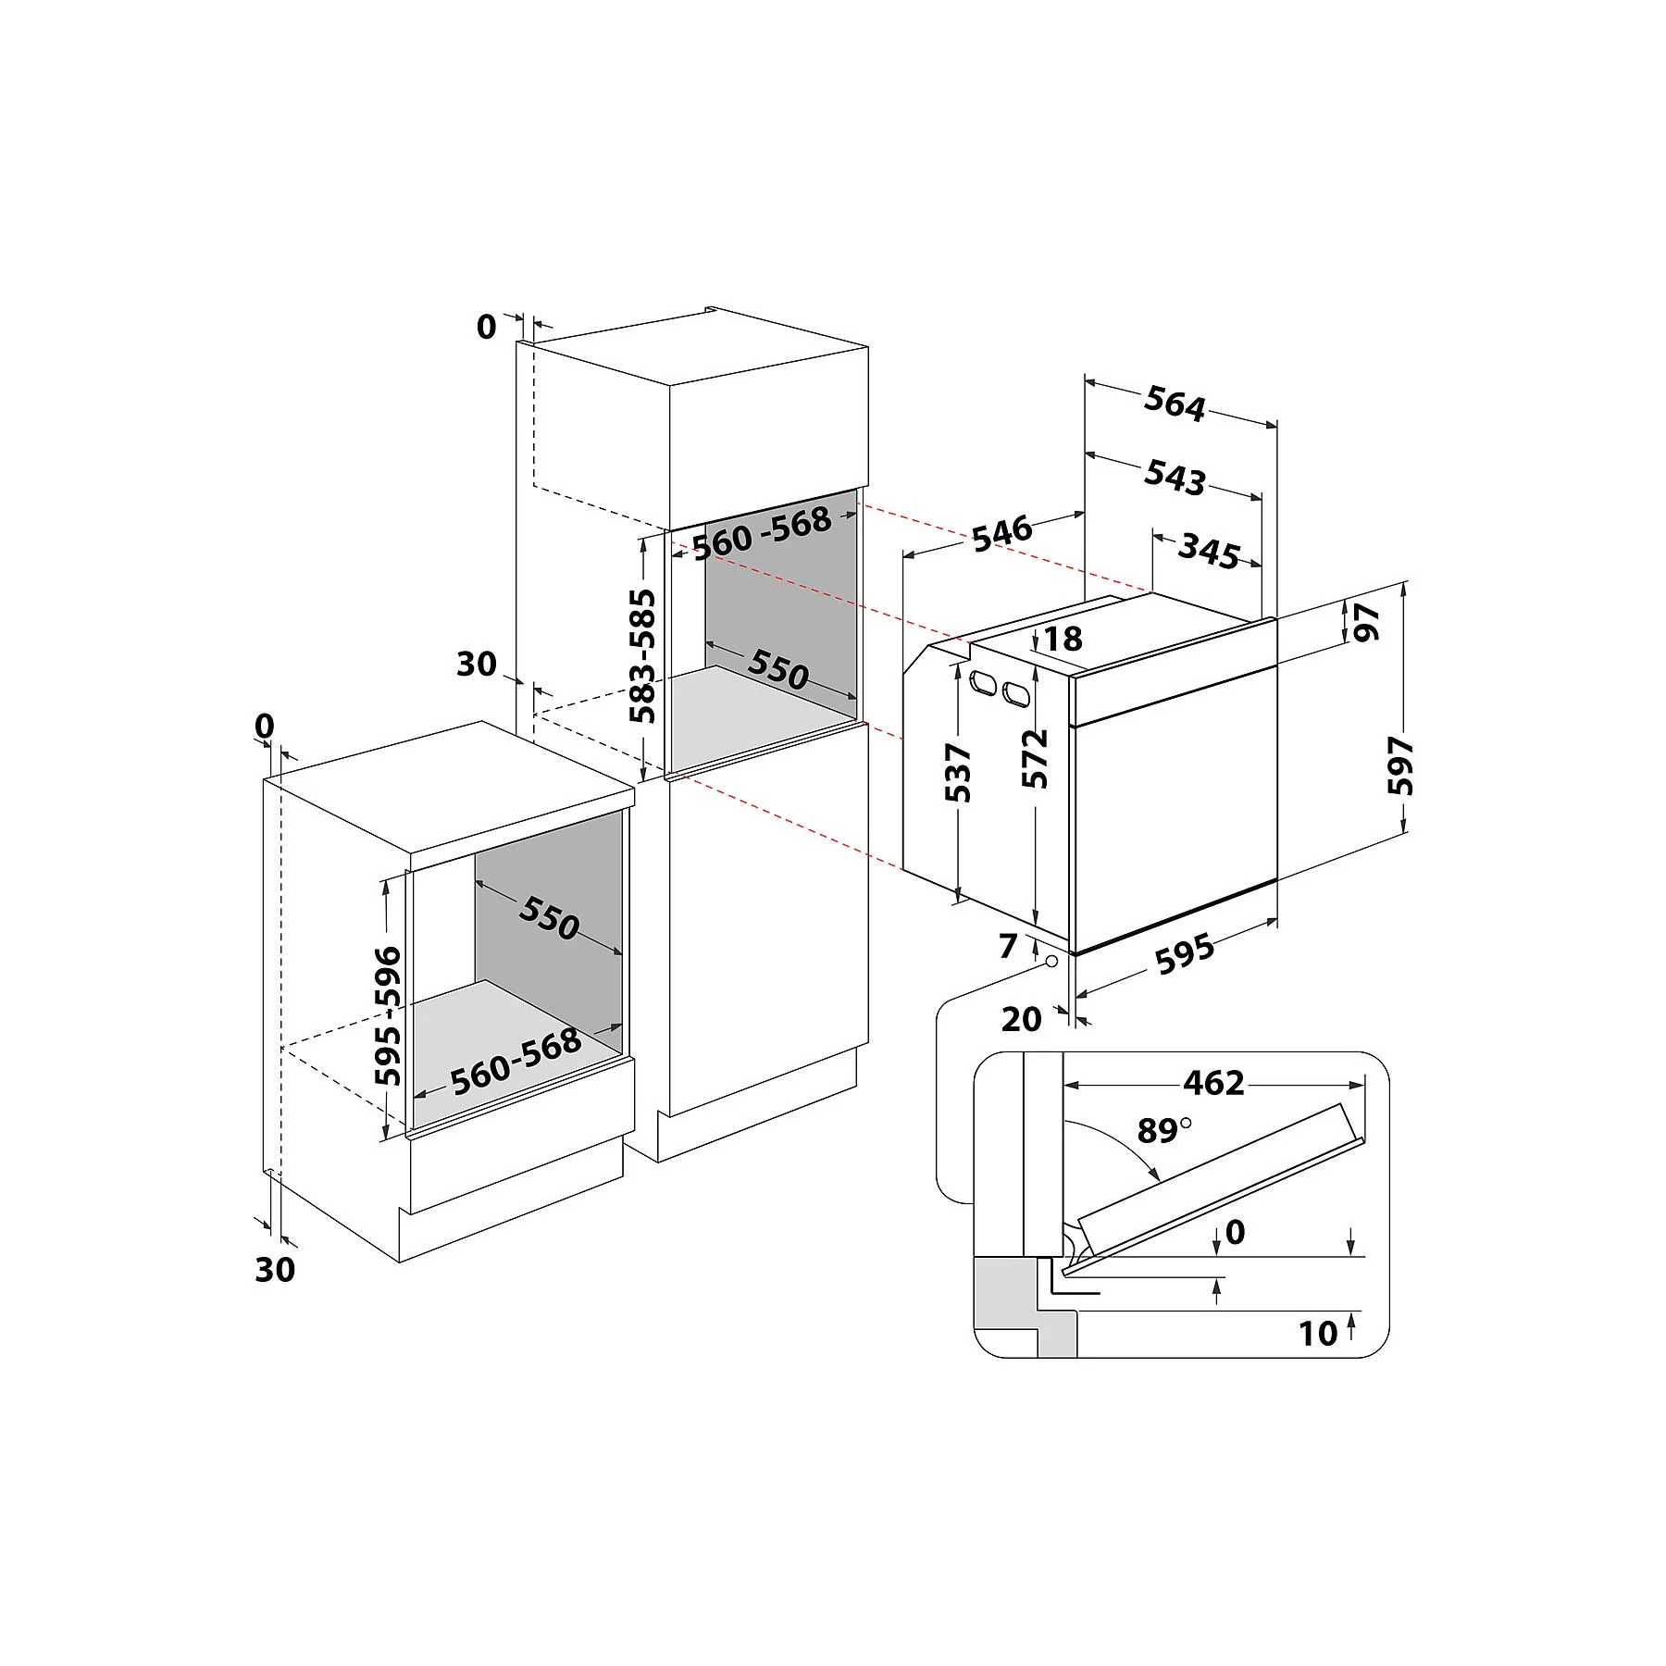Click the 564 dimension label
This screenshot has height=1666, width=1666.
click(x=1175, y=404)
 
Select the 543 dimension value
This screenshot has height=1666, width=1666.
click(x=1175, y=477)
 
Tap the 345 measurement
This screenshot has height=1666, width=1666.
click(x=1209, y=552)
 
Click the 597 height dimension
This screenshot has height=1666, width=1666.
click(x=1401, y=765)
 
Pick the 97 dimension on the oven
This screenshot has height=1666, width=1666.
click(x=1366, y=622)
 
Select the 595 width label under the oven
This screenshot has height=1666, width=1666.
click(x=1186, y=954)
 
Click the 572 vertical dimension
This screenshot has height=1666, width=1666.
click(x=1036, y=759)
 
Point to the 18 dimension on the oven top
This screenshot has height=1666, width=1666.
click(x=1063, y=639)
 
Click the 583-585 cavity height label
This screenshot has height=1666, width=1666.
click(x=642, y=656)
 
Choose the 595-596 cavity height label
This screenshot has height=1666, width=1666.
click(x=389, y=1015)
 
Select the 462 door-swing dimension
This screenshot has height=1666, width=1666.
click(x=1214, y=1082)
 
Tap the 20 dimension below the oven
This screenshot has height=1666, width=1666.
click(x=1022, y=1019)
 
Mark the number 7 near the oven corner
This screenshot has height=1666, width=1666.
click(x=1008, y=946)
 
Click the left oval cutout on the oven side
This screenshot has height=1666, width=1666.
click(x=981, y=684)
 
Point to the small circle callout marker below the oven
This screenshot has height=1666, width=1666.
click(x=1051, y=962)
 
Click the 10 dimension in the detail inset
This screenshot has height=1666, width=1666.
click(x=1318, y=1334)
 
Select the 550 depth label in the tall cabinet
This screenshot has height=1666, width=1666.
click(x=778, y=668)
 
